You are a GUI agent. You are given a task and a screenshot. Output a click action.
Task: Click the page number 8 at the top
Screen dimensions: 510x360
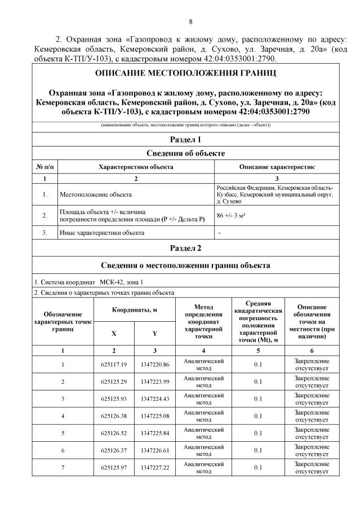[x=190, y=22]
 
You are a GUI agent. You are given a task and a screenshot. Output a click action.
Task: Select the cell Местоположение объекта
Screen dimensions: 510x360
[x=96, y=194]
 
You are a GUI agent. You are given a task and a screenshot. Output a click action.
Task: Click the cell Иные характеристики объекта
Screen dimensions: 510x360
[x=102, y=232]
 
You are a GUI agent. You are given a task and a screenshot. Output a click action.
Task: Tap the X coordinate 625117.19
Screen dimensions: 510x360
[x=114, y=365]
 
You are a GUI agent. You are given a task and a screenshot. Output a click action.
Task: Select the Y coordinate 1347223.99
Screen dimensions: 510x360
[x=155, y=382]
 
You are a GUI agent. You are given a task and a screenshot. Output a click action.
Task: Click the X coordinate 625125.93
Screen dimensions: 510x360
[x=114, y=398]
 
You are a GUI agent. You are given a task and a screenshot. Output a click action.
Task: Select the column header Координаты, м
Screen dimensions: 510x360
[x=134, y=310]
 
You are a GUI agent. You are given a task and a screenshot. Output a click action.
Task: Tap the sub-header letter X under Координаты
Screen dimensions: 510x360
[x=114, y=333]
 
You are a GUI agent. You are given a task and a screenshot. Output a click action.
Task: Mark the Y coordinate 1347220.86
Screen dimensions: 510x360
[x=155, y=365]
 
